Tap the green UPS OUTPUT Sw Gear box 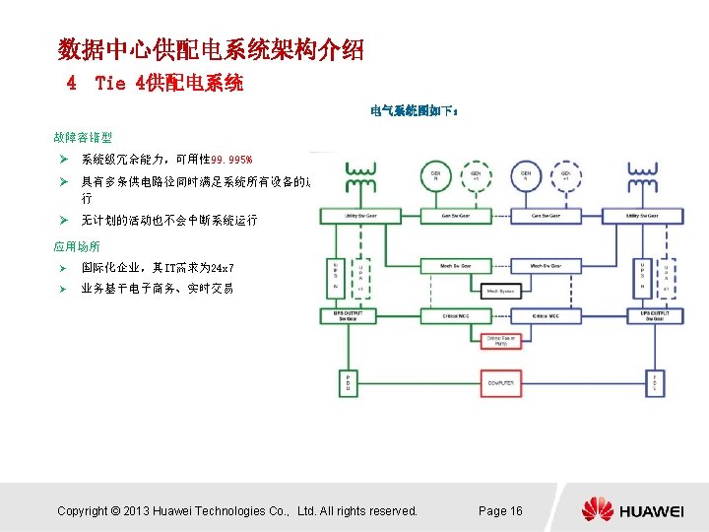tap(346, 316)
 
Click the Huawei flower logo tap(597, 510)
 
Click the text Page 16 tap(500, 510)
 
